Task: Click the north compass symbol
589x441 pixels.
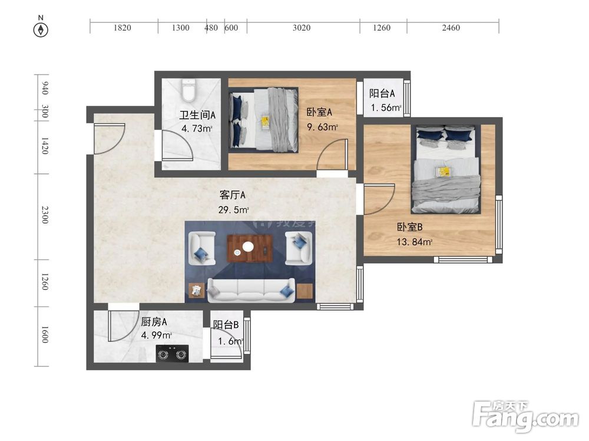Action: tap(41, 30)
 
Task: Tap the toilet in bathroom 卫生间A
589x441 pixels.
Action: tap(188, 91)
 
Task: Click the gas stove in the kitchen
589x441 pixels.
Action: tap(173, 353)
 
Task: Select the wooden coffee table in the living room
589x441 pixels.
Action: tap(250, 248)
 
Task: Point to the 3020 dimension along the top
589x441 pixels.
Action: tap(302, 28)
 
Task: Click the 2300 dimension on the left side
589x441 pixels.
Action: tap(45, 215)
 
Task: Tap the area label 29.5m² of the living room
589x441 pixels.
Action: tap(233, 210)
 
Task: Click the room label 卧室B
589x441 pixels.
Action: tap(410, 227)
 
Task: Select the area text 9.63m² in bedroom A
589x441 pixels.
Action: tap(322, 127)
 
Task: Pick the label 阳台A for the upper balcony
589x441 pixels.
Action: tap(382, 93)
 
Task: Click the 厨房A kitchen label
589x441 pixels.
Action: tap(154, 322)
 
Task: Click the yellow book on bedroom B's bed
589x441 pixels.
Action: tap(444, 171)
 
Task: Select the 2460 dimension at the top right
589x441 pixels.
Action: tap(451, 28)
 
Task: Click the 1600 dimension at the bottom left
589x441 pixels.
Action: tap(45, 335)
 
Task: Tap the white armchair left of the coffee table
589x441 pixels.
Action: tap(201, 248)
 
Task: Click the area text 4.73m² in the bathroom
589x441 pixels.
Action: tap(197, 129)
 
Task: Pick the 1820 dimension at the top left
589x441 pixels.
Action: tap(122, 28)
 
